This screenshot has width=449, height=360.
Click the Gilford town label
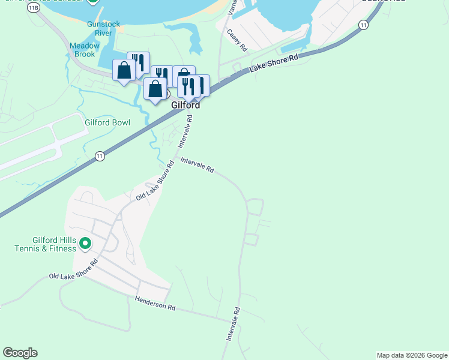185,105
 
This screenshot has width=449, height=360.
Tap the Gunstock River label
99,28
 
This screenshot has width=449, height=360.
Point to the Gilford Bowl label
107,122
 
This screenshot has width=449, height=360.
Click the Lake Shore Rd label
274,64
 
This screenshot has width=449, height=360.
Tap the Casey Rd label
237,39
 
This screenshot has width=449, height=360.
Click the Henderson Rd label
155,303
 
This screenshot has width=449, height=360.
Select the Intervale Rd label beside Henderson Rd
233,324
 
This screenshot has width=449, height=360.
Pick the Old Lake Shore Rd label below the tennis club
73,274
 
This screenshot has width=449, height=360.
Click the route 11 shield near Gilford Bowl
100,156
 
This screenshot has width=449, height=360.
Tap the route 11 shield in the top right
363,25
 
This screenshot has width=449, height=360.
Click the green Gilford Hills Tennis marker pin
85,244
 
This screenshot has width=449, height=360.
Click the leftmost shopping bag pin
124,71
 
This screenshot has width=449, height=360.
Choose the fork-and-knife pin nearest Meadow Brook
139,62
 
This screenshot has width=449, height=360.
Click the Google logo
20,353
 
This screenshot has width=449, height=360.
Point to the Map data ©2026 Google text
412,355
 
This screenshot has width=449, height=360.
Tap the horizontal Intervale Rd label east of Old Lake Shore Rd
197,166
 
